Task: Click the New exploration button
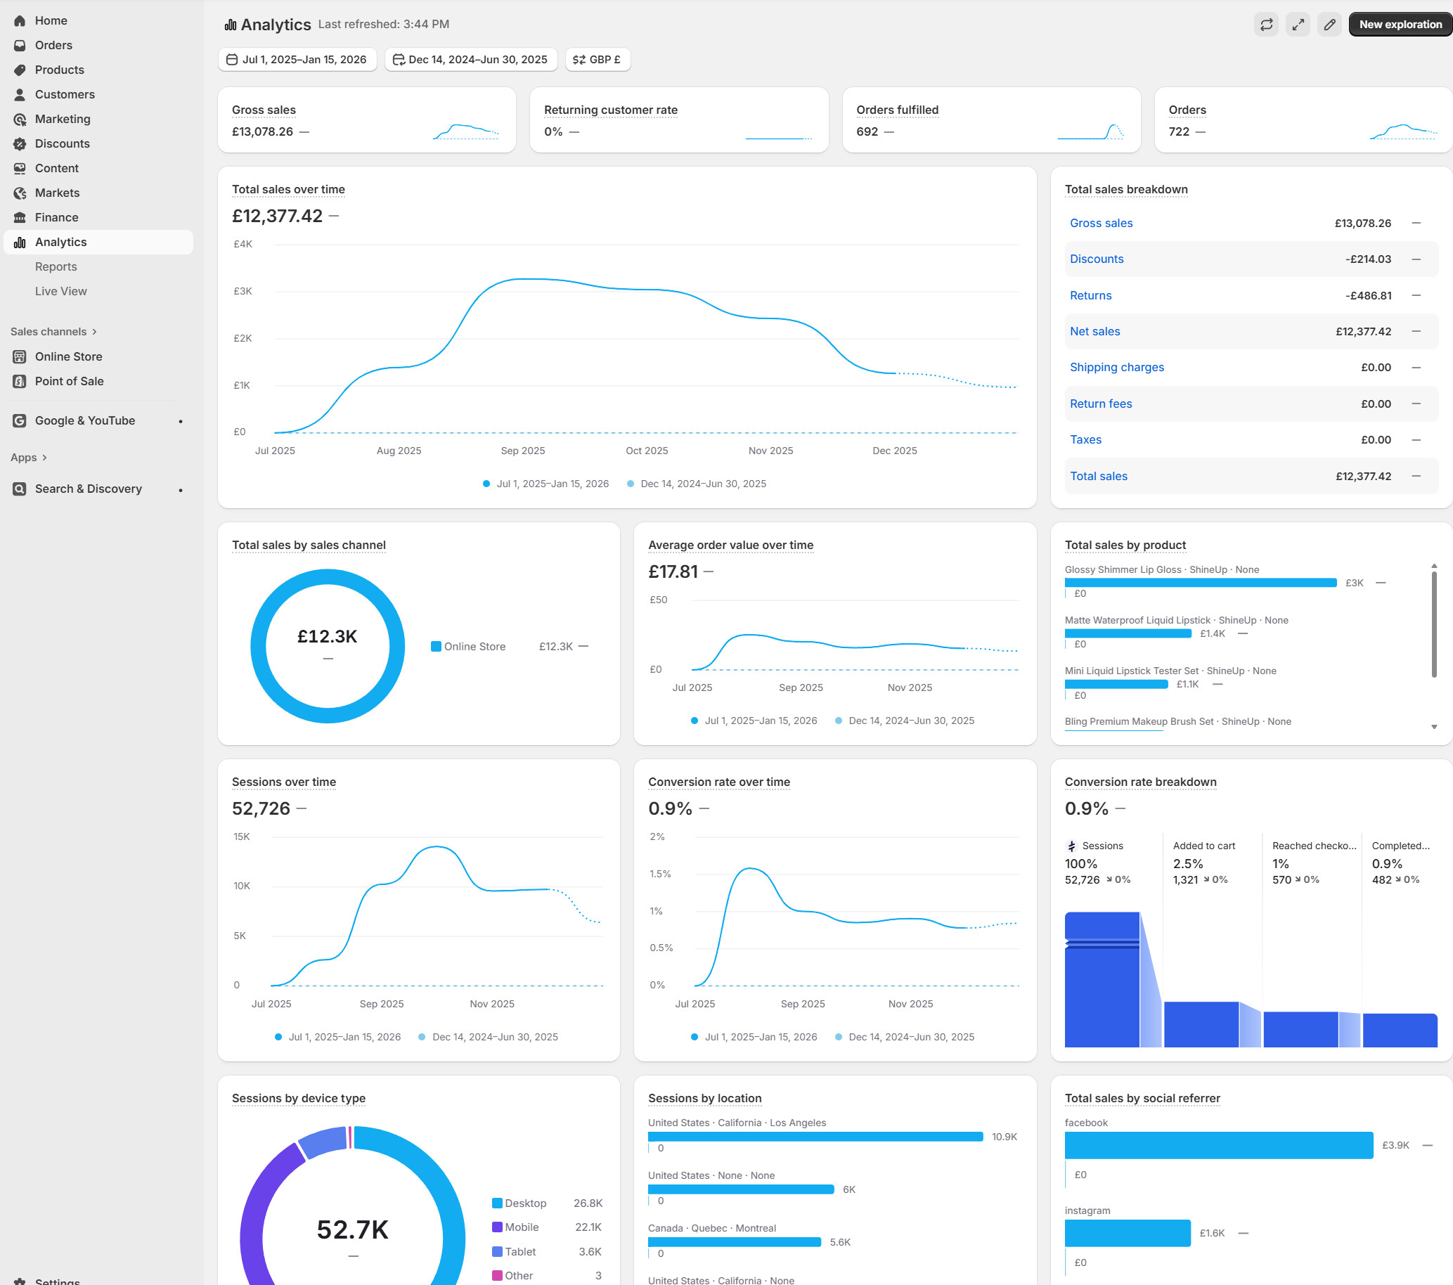(1399, 24)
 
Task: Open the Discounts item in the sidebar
(62, 143)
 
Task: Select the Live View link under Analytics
(60, 292)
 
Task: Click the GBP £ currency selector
(597, 60)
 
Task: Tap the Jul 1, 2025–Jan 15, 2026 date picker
(297, 60)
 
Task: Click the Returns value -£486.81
(1367, 296)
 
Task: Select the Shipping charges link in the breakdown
(1116, 368)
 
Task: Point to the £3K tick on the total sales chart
(243, 292)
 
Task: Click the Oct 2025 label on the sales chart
(646, 451)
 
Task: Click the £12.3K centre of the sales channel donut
(327, 637)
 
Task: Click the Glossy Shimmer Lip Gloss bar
(1200, 583)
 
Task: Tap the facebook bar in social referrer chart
(1218, 1145)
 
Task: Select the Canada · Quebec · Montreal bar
(734, 1242)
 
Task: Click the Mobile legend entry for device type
(521, 1227)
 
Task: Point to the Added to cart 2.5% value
(1187, 864)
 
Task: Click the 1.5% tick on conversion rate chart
(659, 874)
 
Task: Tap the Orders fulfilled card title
(896, 110)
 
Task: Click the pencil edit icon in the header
(1329, 24)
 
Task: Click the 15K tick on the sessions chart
(242, 837)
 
